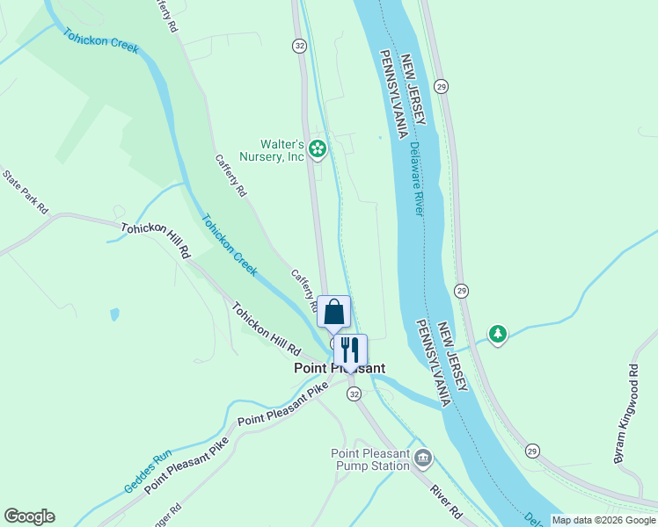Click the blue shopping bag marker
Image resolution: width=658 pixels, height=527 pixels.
(334, 312)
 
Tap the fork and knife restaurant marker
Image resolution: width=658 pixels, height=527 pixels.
(350, 350)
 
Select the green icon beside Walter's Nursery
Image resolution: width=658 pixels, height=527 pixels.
(318, 150)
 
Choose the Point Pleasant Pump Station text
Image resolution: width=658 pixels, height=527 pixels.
(370, 459)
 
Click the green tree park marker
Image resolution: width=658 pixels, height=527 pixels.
(498, 335)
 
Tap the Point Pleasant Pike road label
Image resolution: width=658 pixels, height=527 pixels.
(276, 411)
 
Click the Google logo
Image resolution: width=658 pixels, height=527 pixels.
(29, 516)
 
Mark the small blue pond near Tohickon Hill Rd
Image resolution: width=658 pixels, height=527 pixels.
(114, 314)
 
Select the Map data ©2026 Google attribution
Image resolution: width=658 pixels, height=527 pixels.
(603, 520)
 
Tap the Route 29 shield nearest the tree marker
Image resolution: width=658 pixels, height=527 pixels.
(462, 291)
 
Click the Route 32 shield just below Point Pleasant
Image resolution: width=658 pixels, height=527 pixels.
(354, 395)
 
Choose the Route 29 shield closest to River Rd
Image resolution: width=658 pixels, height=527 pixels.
(532, 451)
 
